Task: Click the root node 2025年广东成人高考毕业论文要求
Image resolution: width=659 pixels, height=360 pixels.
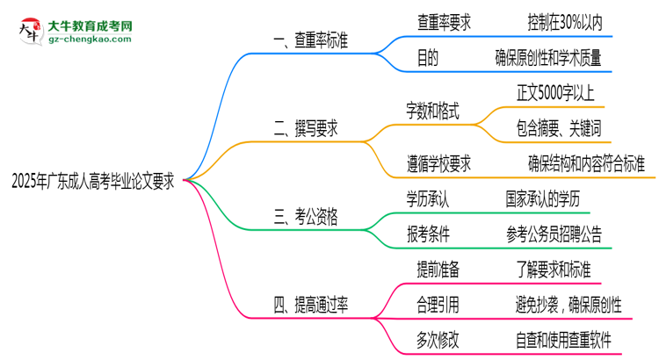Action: (x=92, y=183)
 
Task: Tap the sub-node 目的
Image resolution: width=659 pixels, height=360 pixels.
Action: (x=427, y=58)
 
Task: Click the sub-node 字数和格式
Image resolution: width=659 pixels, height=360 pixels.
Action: (x=432, y=112)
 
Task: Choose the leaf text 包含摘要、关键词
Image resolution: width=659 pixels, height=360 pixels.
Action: (x=559, y=129)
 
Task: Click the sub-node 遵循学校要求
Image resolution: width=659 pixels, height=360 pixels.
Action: (x=438, y=163)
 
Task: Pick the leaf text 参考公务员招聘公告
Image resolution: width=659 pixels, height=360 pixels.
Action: (x=554, y=234)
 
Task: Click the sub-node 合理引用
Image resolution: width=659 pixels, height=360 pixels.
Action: (x=437, y=305)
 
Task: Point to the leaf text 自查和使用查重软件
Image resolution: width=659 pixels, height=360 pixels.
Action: (x=563, y=340)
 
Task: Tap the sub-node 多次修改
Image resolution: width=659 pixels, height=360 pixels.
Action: (x=437, y=340)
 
